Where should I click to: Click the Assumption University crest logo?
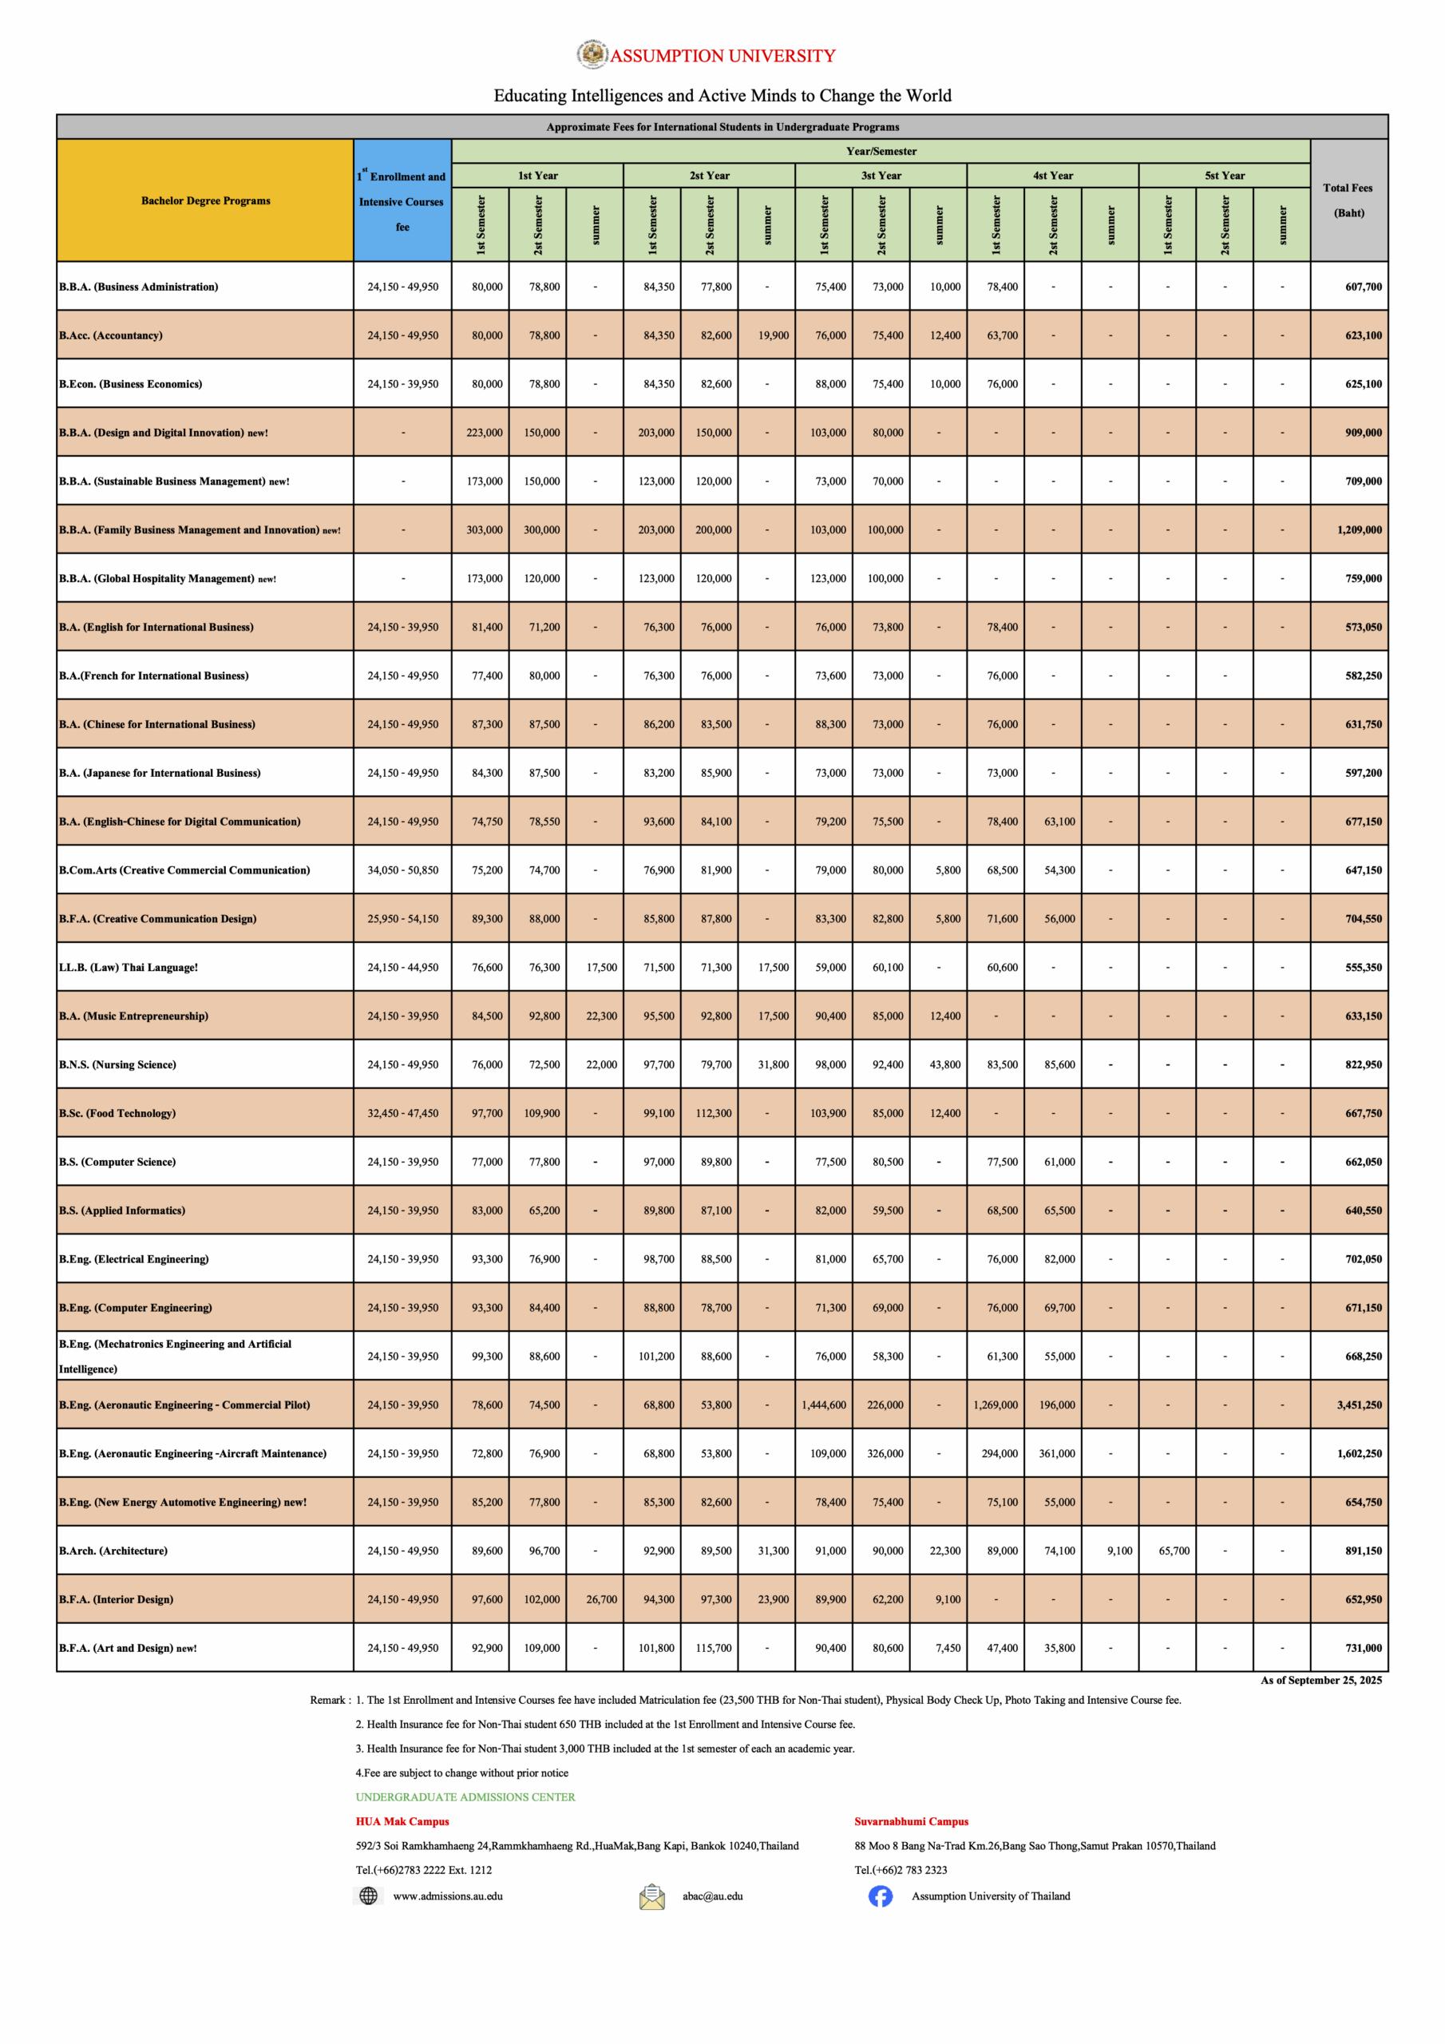point(592,54)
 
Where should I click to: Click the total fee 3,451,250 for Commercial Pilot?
point(1359,1404)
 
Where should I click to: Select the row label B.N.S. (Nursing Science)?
point(117,1065)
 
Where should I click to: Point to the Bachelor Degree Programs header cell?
point(206,200)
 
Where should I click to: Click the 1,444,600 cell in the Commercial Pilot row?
point(824,1404)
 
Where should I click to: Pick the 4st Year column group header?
point(1052,176)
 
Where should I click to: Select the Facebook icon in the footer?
point(880,1896)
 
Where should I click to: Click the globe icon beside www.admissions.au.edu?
point(368,1896)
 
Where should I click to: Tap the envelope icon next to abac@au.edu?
point(651,1896)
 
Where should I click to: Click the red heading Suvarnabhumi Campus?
point(911,1821)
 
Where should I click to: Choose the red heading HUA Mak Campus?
point(402,1821)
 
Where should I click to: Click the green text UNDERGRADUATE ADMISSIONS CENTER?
point(465,1796)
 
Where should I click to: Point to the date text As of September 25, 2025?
point(1320,1680)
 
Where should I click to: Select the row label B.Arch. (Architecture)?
point(113,1551)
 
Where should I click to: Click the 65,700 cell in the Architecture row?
point(1174,1551)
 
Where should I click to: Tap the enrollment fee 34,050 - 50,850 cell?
point(402,869)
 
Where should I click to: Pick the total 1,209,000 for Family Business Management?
point(1359,529)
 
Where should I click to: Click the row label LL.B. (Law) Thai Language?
point(129,968)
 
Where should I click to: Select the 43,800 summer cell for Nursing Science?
point(944,1065)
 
